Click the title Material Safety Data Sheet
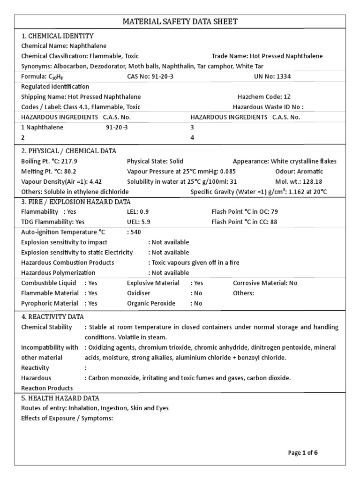(180, 22)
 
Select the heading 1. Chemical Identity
(58, 36)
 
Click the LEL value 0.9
(144, 212)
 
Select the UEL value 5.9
(144, 222)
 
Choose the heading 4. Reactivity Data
(52, 317)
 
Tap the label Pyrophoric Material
(50, 303)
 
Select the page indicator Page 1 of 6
(303, 453)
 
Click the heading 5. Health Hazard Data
(60, 398)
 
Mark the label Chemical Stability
(47, 327)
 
